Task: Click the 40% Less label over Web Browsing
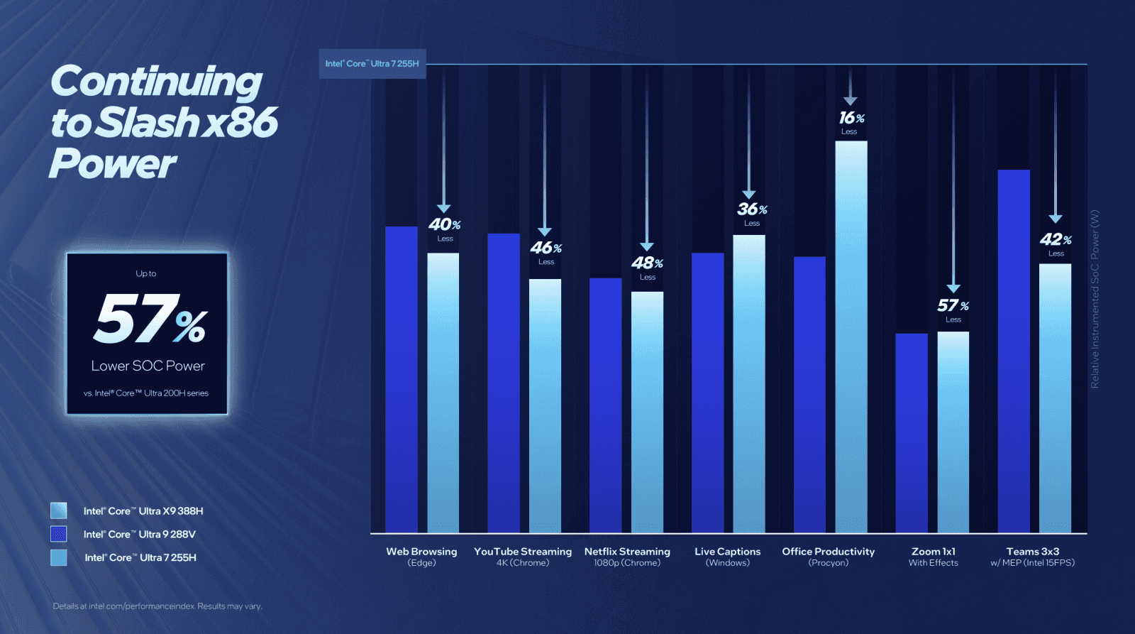[445, 229]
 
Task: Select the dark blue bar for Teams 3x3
[1013, 351]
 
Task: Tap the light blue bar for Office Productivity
[851, 337]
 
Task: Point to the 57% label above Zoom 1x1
[953, 306]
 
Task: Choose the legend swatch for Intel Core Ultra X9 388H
[59, 510]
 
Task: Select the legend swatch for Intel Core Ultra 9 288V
[59, 534]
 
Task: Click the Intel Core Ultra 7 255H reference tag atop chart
[372, 64]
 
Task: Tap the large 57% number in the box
[150, 319]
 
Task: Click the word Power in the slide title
[113, 164]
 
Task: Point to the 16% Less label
[851, 121]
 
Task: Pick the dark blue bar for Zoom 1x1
[911, 432]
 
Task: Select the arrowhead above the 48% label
[646, 246]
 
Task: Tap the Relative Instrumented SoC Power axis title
[1095, 298]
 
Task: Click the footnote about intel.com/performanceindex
[157, 606]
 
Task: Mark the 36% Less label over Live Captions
[751, 213]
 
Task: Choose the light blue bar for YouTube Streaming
[545, 405]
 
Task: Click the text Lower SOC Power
[148, 366]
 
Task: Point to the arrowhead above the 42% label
[1055, 219]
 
